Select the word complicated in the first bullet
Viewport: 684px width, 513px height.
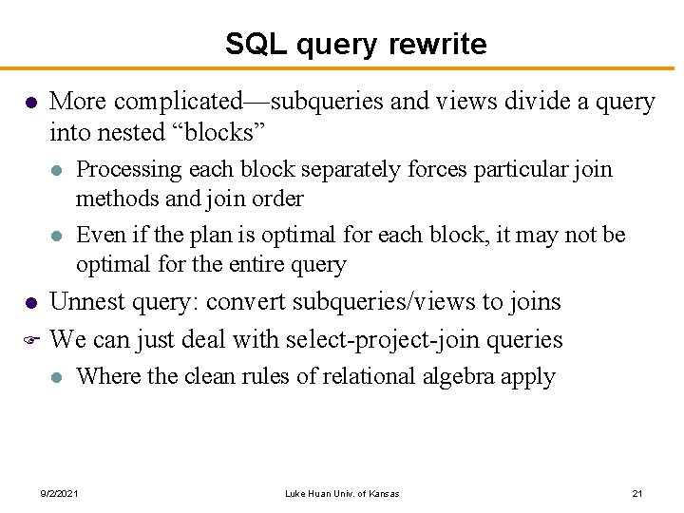(180, 102)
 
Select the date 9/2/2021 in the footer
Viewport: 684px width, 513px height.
(59, 494)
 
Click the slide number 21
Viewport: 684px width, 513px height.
(637, 494)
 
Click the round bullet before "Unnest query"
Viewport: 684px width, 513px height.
(30, 303)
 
